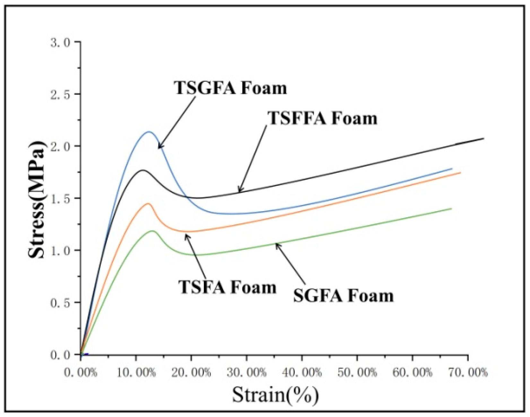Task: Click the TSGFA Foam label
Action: [x=230, y=88]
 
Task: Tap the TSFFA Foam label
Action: [x=322, y=118]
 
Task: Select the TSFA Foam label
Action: [x=227, y=287]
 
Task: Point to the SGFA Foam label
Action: [x=343, y=295]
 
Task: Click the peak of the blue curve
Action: [x=149, y=131]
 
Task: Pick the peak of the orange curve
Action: [x=148, y=204]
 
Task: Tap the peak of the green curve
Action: [x=153, y=231]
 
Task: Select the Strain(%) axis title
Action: [x=275, y=394]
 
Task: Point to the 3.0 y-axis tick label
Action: [x=60, y=42]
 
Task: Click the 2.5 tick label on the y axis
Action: [x=60, y=95]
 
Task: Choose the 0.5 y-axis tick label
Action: [x=60, y=303]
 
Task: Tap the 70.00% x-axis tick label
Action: [x=468, y=373]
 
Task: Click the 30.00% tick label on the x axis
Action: [x=247, y=373]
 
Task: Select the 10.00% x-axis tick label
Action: [x=136, y=373]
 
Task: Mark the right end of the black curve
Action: [x=483, y=139]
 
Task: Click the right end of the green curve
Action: [x=451, y=209]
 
